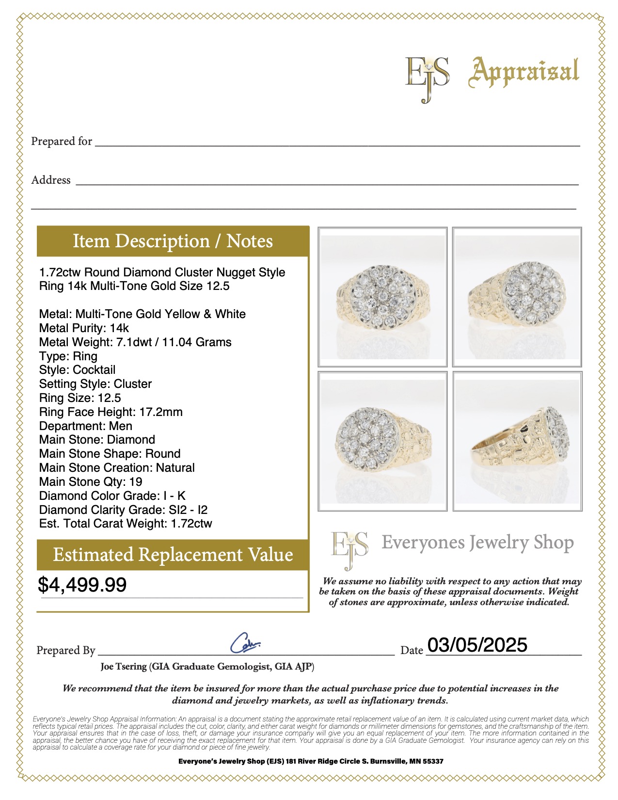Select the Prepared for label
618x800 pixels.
click(x=62, y=141)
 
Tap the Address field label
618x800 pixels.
click(x=51, y=180)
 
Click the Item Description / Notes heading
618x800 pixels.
click(x=173, y=241)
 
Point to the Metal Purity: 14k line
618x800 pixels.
click(x=84, y=328)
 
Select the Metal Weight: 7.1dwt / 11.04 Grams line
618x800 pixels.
click(x=135, y=342)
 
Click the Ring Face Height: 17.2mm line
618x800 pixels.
click(x=111, y=412)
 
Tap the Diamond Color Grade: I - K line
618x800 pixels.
click(x=112, y=496)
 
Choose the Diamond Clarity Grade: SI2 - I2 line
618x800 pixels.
click(x=123, y=510)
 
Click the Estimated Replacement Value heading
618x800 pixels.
click(x=173, y=555)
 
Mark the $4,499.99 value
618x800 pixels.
click(x=82, y=585)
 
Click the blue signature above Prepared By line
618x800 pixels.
click(x=245, y=643)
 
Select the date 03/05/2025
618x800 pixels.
click(x=477, y=645)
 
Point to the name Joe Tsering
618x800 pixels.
click(x=124, y=667)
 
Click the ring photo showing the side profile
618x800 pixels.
click(x=517, y=441)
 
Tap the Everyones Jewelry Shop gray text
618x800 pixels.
click(x=477, y=543)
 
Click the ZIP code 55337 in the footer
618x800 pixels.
click(x=433, y=761)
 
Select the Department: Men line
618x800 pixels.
click(x=86, y=426)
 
